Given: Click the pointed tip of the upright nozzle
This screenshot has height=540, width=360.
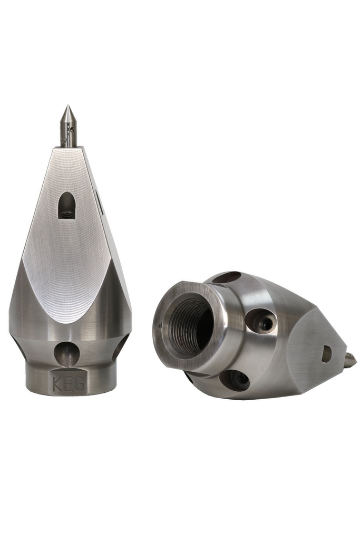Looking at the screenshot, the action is (68, 105).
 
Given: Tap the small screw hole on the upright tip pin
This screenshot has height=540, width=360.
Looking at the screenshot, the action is (72, 129).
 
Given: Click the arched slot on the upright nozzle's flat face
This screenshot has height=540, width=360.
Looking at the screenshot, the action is (67, 205).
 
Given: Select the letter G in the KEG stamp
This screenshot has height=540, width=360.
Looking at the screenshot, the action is (80, 384).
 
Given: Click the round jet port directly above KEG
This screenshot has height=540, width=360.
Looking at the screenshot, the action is (67, 353).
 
